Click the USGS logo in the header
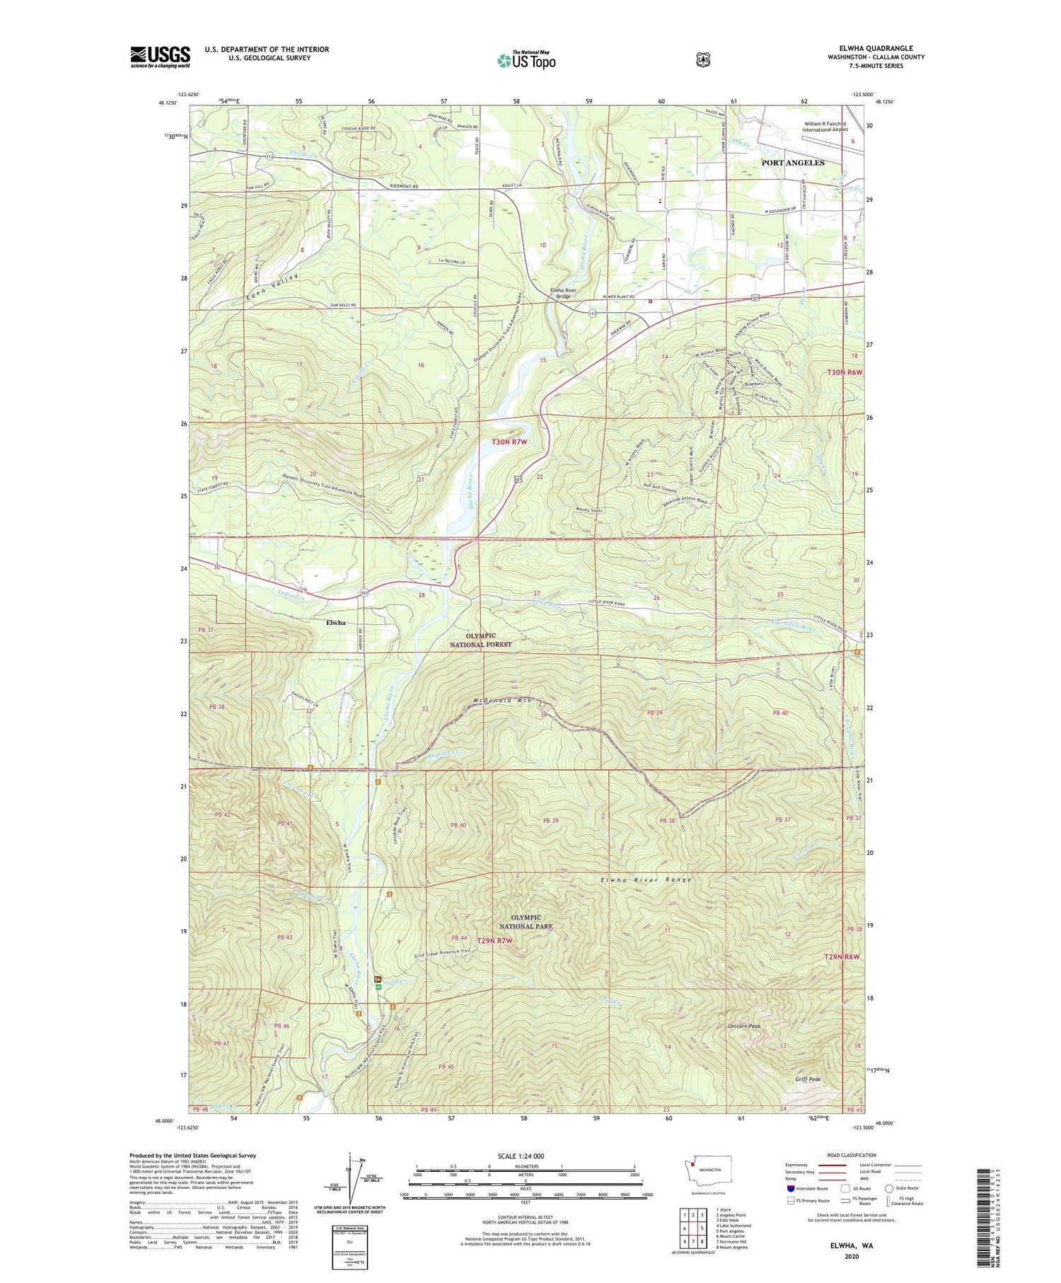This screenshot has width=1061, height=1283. click(160, 57)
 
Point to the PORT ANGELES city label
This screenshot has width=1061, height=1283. click(792, 163)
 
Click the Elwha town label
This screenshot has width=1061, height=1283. click(335, 623)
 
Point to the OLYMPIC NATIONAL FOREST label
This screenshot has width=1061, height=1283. click(481, 640)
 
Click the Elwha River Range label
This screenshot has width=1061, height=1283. click(645, 880)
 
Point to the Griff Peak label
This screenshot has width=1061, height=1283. click(807, 1079)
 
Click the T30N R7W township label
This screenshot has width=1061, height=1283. click(509, 442)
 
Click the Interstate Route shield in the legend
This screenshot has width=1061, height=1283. click(790, 1189)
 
